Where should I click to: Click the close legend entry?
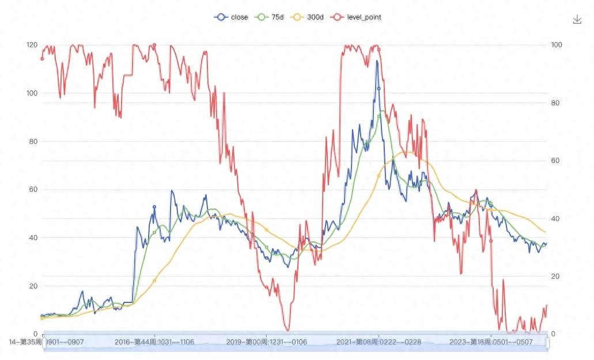[x=231, y=17]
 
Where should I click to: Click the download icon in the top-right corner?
[x=577, y=20]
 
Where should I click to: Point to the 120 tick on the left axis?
[x=32, y=45]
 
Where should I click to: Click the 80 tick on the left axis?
[x=32, y=141]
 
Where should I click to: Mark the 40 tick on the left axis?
[x=32, y=237]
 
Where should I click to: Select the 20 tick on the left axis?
[x=32, y=286]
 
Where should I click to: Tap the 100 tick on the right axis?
[x=557, y=45]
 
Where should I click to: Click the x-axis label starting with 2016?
[x=154, y=342]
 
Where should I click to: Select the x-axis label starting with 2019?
[x=266, y=342]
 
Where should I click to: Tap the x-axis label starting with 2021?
[x=379, y=342]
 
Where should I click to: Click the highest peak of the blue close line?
[x=377, y=60]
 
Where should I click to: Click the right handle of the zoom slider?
[x=547, y=343]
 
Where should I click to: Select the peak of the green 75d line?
[x=382, y=111]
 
